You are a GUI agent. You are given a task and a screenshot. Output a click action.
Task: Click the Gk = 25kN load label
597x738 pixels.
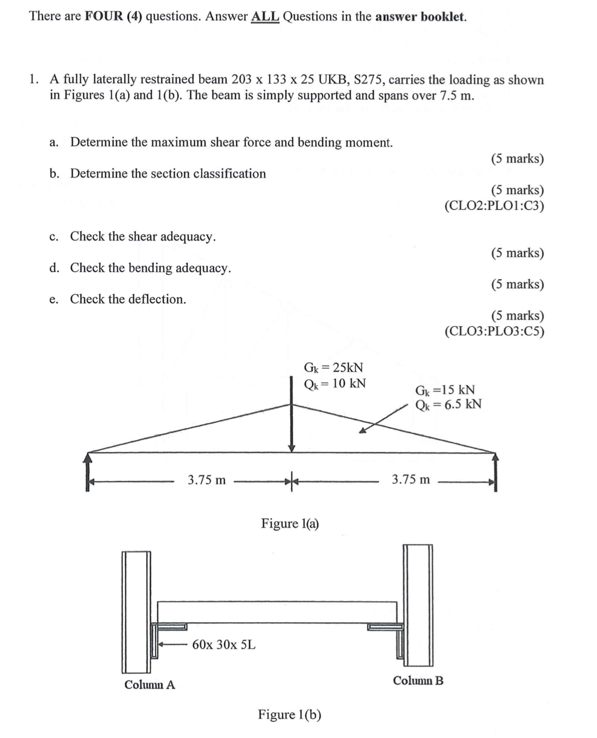pos(333,367)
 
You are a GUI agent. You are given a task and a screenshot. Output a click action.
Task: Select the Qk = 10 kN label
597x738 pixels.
pos(335,383)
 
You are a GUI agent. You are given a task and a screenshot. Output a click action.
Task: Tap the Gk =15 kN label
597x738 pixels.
pos(445,389)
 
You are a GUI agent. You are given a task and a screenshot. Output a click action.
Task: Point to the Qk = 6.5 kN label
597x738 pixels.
pos(448,404)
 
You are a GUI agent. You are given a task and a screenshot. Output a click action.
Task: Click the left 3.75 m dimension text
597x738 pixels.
pos(207,480)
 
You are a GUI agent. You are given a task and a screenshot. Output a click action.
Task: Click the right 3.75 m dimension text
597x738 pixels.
pos(410,479)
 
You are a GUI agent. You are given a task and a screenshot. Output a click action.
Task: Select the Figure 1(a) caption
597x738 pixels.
pos(290,523)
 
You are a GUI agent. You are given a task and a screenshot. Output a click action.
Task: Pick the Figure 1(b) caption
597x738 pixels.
pos(289,714)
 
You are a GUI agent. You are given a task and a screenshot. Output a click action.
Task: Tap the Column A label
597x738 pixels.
pos(149,684)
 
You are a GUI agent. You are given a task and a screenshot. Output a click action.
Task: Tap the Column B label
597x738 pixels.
pos(418,680)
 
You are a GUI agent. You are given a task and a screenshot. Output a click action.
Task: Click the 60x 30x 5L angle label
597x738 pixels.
pos(223,644)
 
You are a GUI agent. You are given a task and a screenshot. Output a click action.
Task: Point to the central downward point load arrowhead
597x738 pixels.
pos(292,448)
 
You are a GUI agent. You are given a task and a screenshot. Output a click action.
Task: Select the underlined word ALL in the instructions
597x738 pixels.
pos(265,17)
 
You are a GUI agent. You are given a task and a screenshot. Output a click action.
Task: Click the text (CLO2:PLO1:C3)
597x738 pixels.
pos(494,206)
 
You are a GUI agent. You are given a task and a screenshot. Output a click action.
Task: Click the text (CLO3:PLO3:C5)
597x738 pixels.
pos(494,331)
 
